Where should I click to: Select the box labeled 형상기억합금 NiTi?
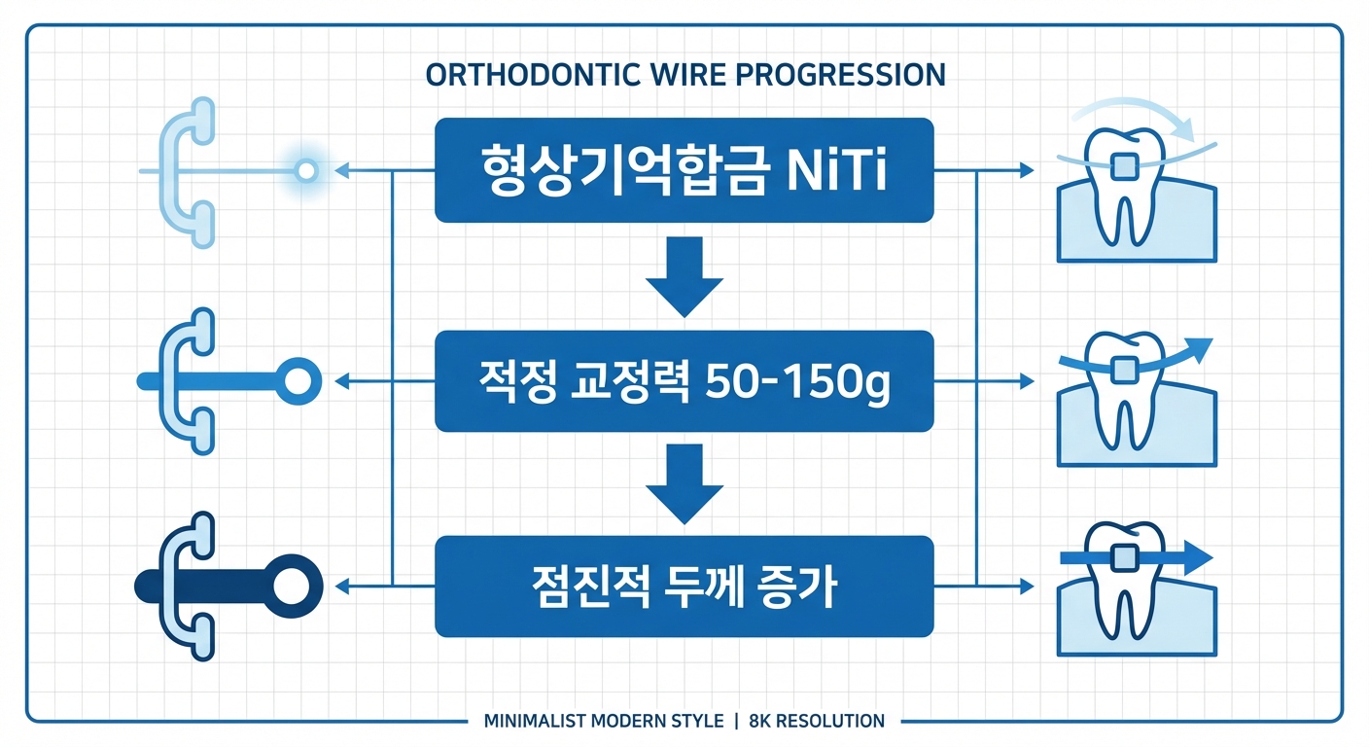(684, 170)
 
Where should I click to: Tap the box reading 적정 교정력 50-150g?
(684, 381)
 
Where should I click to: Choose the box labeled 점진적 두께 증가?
(684, 586)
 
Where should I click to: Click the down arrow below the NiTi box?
(684, 279)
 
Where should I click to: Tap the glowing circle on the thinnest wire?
(306, 171)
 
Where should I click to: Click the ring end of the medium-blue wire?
(298, 380)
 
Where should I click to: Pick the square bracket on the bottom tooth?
(1125, 559)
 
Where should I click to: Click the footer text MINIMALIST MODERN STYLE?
(603, 721)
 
